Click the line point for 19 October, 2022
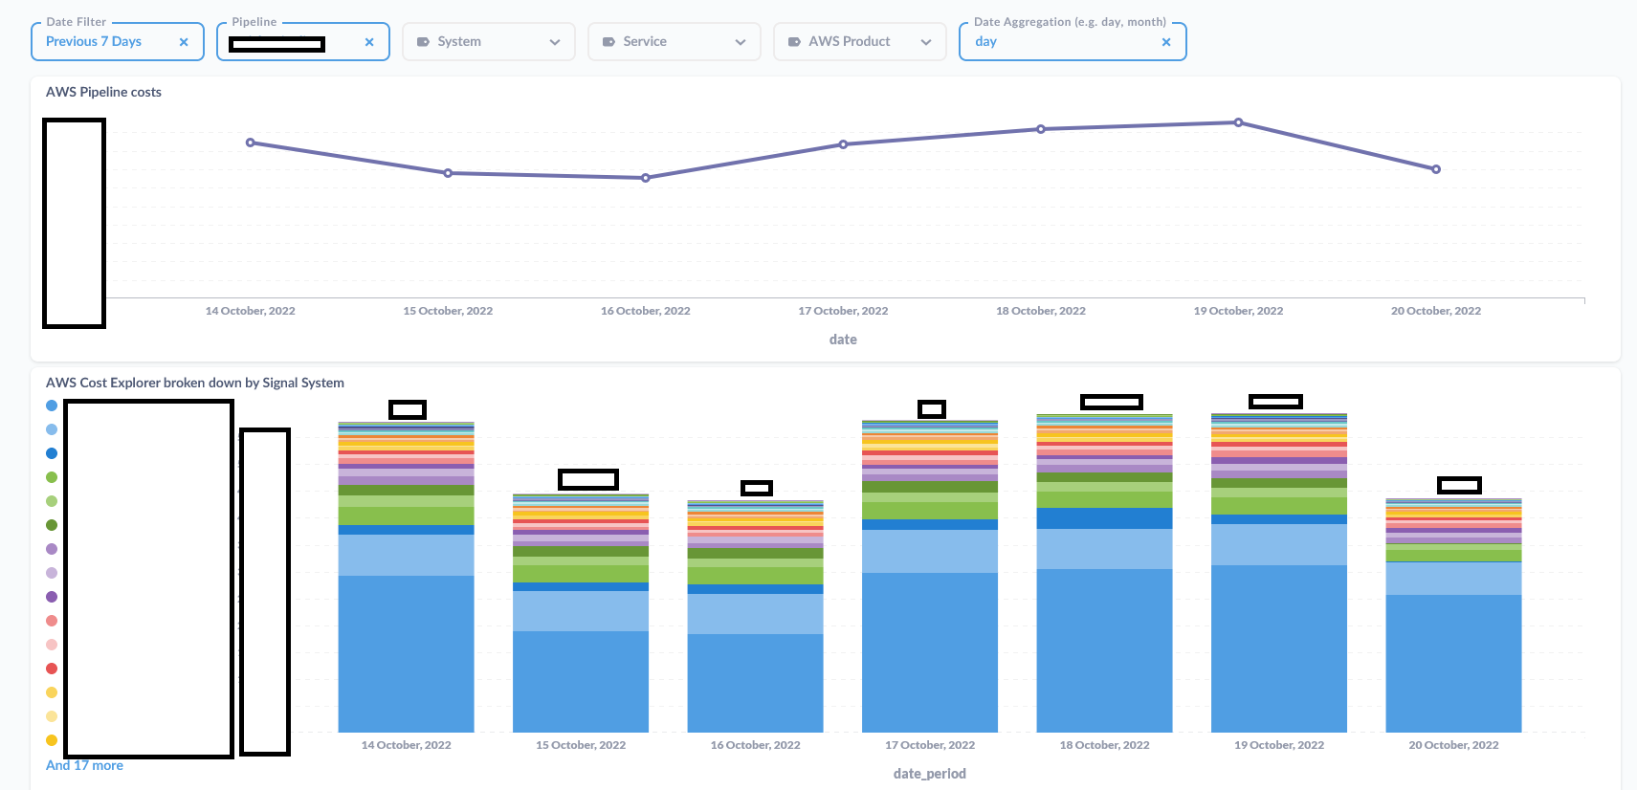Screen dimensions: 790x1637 [1238, 122]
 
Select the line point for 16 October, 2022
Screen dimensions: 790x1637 [646, 178]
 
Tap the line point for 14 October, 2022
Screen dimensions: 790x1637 [251, 143]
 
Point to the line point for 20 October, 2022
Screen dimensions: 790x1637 [1435, 169]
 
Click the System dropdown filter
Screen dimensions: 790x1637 [488, 42]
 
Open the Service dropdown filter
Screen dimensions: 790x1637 [674, 42]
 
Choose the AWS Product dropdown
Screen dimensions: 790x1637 [859, 42]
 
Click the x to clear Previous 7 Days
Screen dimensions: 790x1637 [184, 42]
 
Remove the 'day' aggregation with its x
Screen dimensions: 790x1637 [1165, 42]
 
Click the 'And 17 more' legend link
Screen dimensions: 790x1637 [84, 765]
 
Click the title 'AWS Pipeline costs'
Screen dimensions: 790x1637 [103, 92]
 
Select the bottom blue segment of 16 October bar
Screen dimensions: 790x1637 [755, 683]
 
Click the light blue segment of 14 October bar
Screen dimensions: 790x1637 [406, 555]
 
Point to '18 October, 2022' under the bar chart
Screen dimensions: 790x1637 [1104, 745]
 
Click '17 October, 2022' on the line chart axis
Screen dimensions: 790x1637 [843, 311]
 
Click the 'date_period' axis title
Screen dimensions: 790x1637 [929, 774]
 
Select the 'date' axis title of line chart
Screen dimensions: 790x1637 [843, 340]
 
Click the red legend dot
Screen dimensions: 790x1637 [52, 669]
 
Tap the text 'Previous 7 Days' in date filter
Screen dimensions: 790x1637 [94, 42]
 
